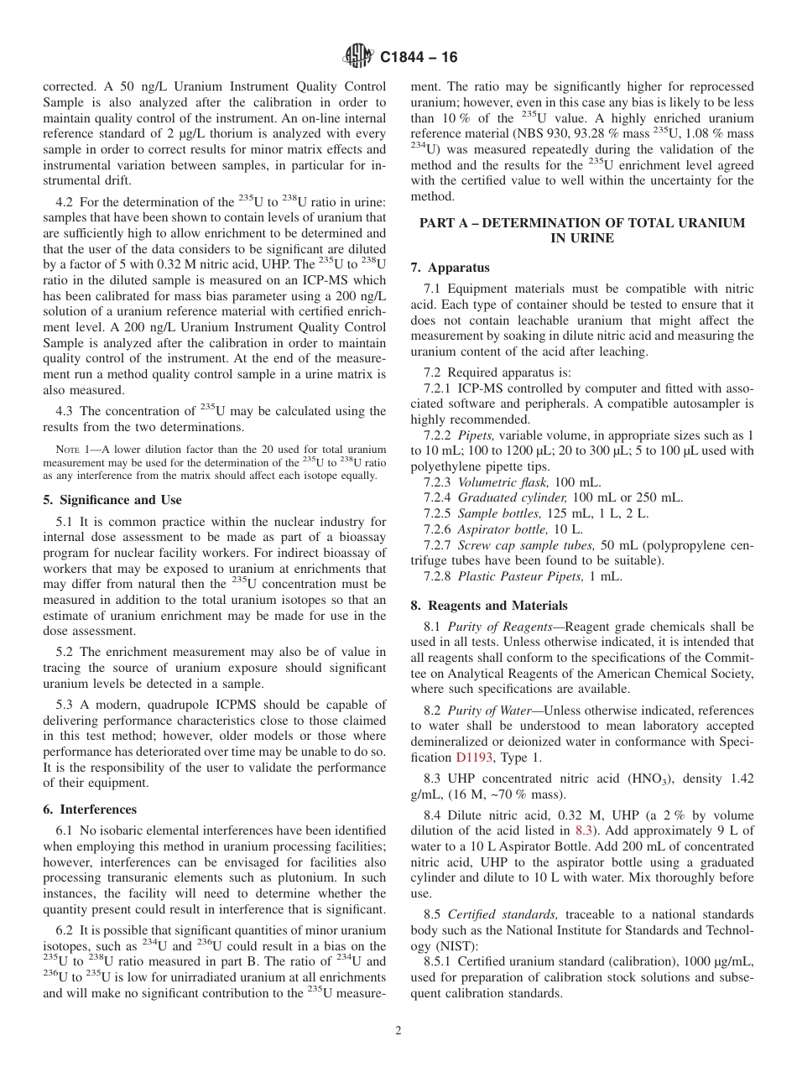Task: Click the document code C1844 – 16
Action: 419,58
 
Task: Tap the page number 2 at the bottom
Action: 398,1031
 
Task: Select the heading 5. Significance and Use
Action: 112,500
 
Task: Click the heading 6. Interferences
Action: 89,809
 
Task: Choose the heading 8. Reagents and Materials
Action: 488,606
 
